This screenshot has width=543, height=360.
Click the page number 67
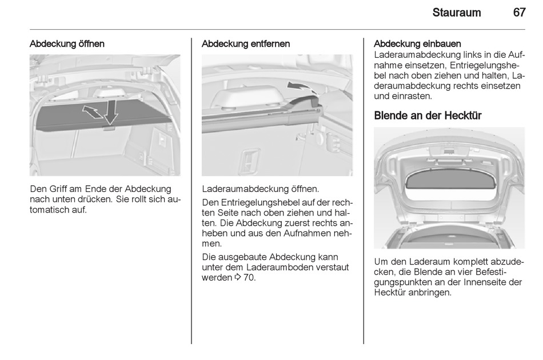[x=520, y=13]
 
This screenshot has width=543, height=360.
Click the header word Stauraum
[x=457, y=13]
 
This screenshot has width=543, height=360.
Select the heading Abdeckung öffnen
[x=67, y=44]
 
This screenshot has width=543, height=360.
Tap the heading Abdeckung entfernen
[x=246, y=44]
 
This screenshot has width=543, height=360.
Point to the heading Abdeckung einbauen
[x=417, y=44]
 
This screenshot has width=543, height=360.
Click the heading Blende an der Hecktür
[x=428, y=115]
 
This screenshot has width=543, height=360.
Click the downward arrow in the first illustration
[x=111, y=111]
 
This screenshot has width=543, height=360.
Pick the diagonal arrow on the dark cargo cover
[x=92, y=112]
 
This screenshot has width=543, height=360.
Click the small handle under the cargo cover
[x=109, y=129]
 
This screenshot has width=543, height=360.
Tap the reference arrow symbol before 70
[x=238, y=277]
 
